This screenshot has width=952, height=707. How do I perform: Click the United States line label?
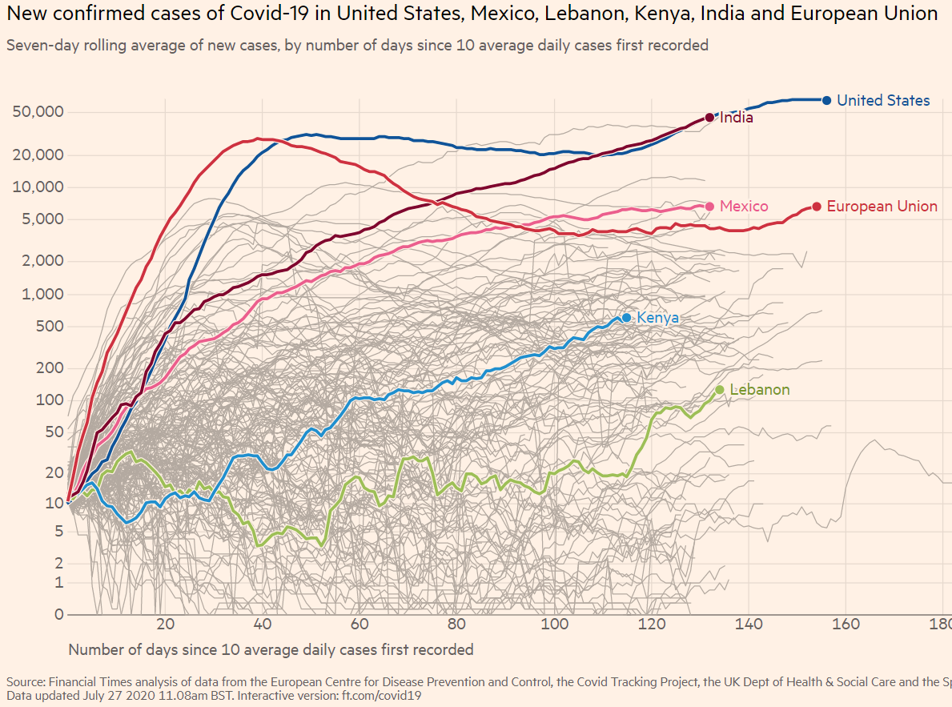[883, 100]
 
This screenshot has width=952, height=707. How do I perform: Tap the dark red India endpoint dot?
[709, 118]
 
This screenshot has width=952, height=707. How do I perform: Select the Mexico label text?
[744, 207]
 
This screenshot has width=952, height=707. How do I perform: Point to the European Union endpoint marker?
[817, 207]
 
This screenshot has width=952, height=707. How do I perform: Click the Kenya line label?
[657, 318]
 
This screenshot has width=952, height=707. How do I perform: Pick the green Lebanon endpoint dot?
[720, 390]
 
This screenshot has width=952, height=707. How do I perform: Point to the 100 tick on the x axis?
[554, 624]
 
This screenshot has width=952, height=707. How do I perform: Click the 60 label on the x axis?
[360, 624]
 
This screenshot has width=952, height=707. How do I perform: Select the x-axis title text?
[271, 649]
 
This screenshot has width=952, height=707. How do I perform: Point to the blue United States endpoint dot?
[827, 100]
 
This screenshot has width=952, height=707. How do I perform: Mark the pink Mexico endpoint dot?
[709, 207]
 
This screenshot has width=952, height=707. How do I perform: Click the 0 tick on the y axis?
[59, 614]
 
